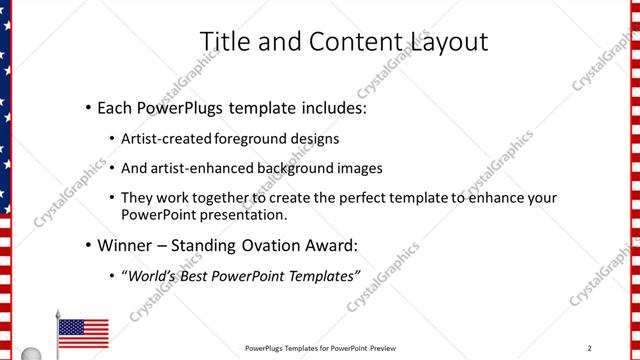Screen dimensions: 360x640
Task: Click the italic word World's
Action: pos(153,275)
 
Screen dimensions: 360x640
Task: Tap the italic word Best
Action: pos(204,275)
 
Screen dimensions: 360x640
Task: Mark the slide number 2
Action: pos(590,348)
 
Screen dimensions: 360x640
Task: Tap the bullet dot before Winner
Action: pos(89,245)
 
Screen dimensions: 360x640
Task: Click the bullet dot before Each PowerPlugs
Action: pos(89,107)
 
